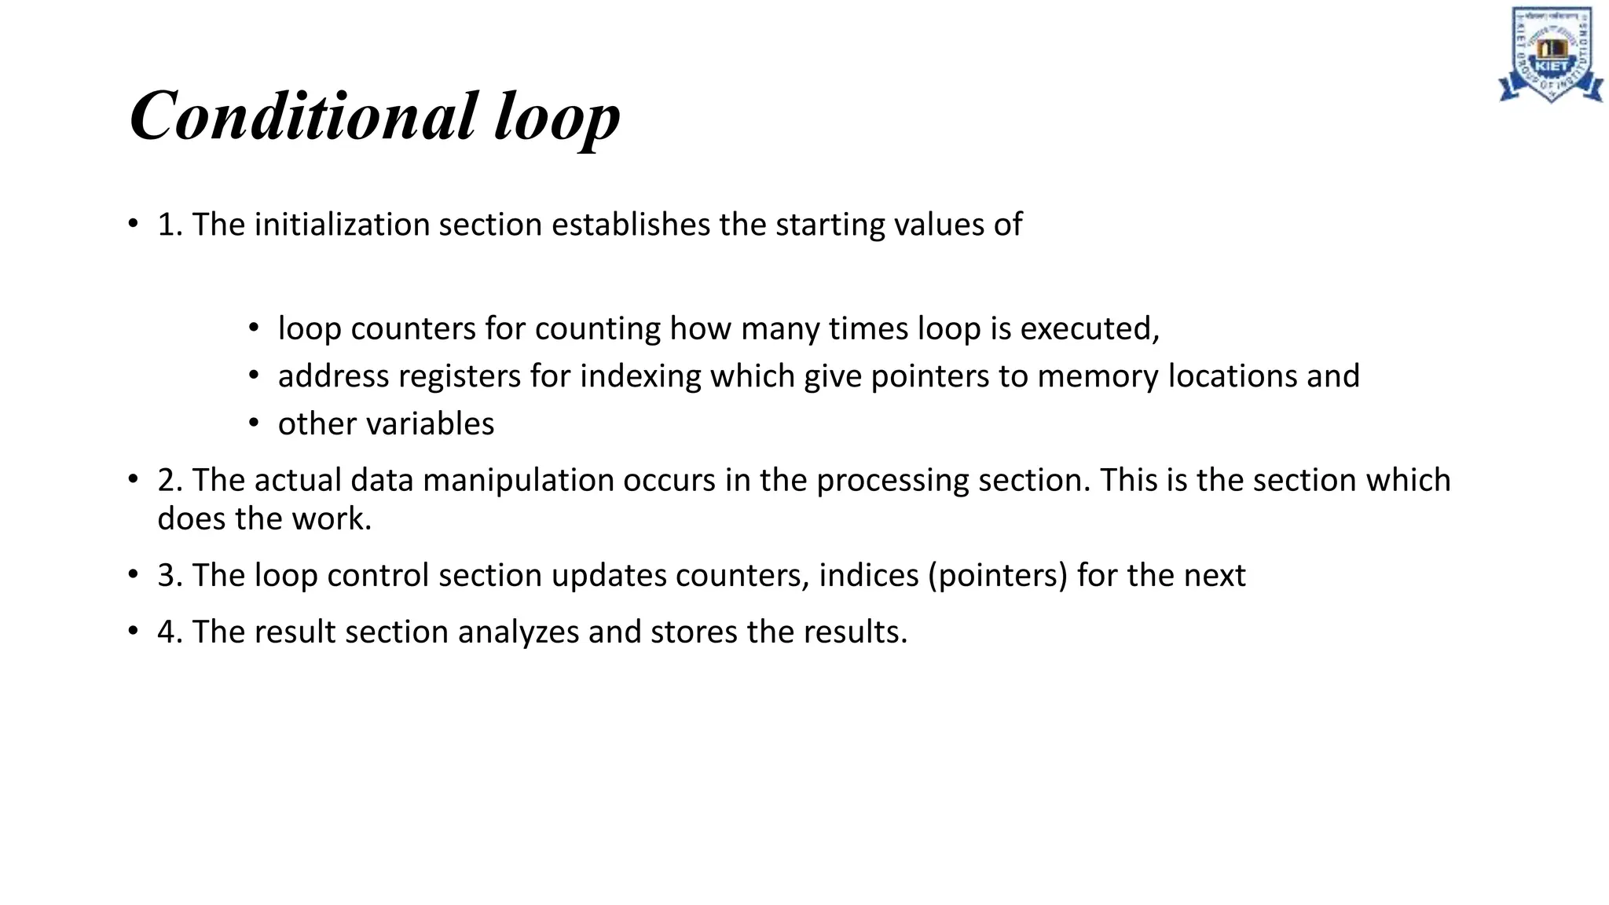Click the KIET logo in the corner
(1550, 54)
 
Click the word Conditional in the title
(303, 116)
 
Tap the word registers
(460, 376)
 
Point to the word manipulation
(519, 481)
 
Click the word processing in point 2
(892, 481)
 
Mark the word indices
(868, 575)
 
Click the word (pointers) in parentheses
(998, 576)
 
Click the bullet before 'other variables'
(253, 424)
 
